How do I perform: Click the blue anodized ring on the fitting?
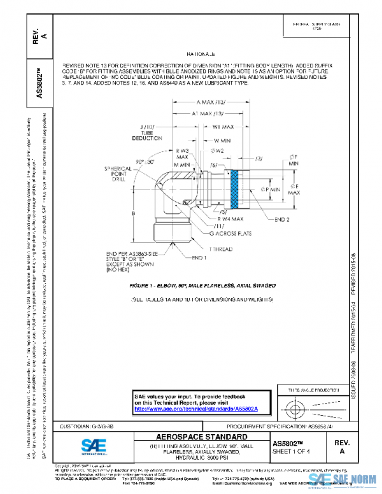point(234,189)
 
